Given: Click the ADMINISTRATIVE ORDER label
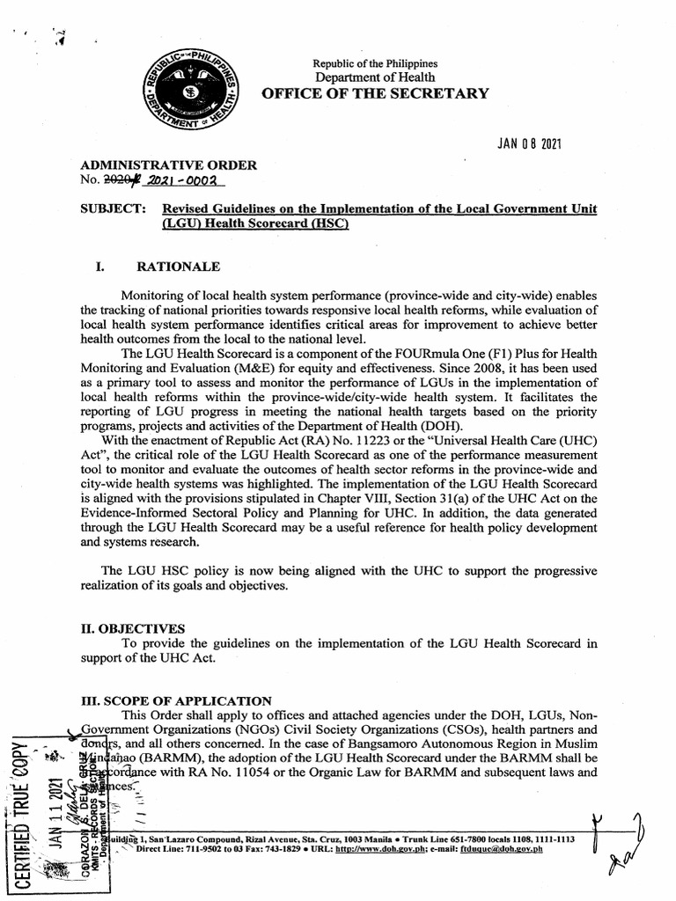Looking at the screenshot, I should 168,165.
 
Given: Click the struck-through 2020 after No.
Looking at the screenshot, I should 114,182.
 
